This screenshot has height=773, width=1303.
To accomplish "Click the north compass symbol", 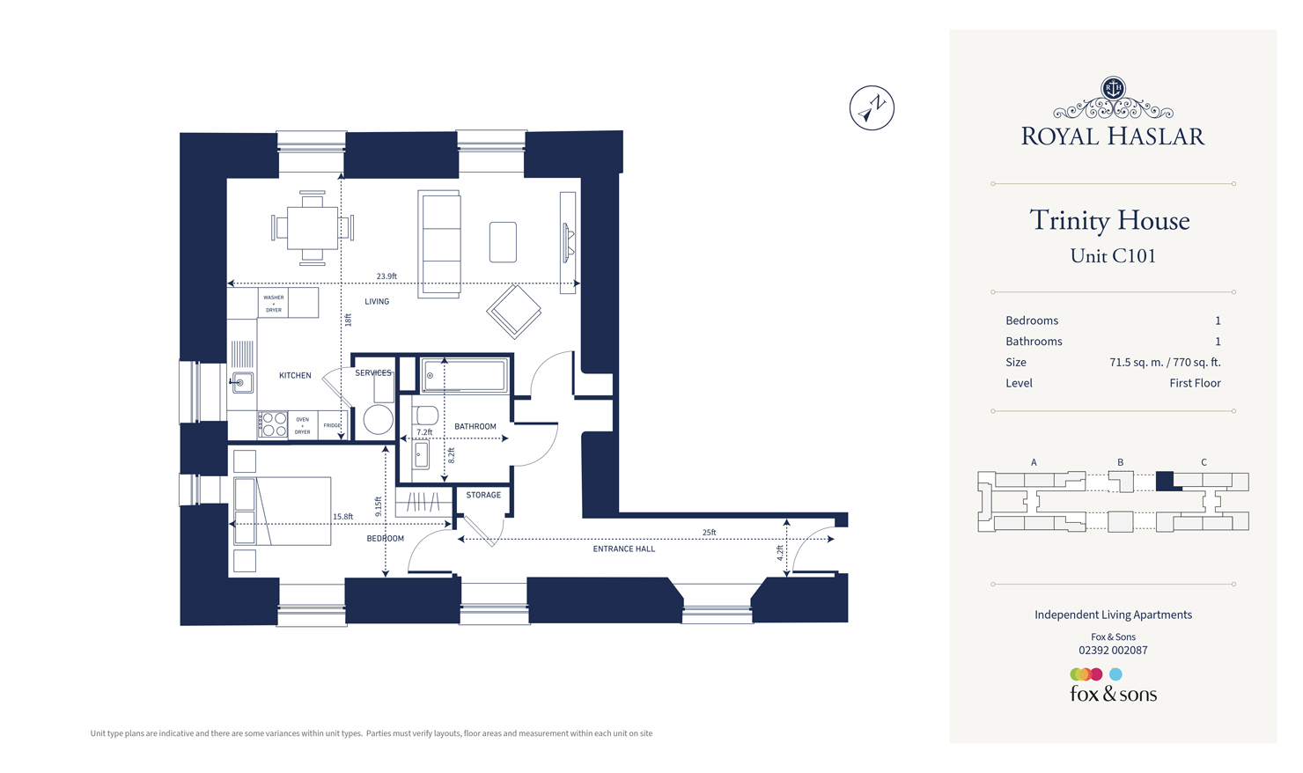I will click(872, 108).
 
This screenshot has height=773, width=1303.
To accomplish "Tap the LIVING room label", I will click(377, 301).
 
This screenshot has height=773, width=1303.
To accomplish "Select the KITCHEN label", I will click(295, 375).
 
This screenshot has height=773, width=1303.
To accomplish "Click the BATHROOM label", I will click(475, 426).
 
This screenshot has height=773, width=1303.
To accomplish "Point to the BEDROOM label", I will click(385, 538).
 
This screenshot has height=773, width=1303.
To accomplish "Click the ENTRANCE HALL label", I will click(623, 548).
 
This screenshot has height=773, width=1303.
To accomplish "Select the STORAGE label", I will click(483, 495).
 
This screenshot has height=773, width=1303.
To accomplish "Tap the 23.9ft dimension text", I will click(386, 276).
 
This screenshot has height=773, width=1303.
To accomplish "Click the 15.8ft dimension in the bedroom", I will click(342, 517).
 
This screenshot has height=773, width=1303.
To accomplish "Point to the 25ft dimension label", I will click(709, 533).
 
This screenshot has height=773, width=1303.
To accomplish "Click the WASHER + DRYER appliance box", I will click(274, 303).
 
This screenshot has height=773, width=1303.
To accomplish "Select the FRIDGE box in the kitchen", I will click(332, 425).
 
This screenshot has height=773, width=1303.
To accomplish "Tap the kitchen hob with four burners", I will click(273, 425).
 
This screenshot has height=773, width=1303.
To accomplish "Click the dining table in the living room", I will click(313, 228).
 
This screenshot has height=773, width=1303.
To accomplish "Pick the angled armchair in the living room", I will click(514, 311).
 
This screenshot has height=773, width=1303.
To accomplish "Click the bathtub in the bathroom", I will click(464, 376).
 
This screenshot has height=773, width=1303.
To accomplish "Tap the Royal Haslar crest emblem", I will click(1113, 88).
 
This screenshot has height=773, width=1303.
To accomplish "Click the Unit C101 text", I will click(1113, 256).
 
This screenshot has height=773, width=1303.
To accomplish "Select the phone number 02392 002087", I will click(1113, 651).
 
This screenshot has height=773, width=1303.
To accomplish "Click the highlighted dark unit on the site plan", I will click(1164, 481).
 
